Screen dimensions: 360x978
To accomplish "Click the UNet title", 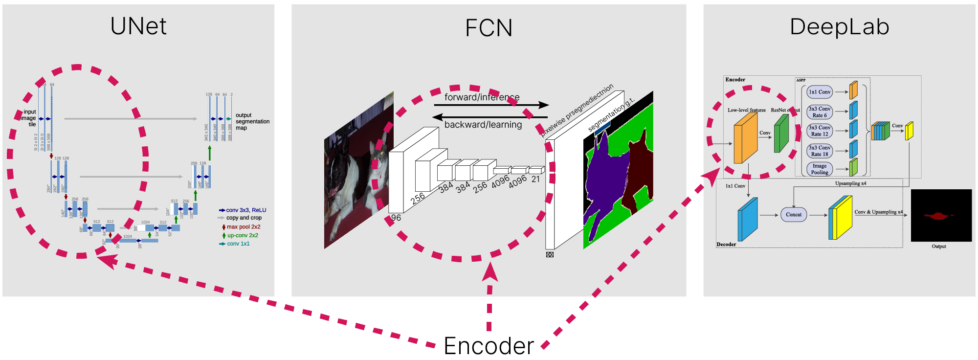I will tap(138, 26).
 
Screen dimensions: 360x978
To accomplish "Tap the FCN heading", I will tap(489, 28).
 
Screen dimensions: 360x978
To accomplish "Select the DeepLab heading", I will tap(839, 27).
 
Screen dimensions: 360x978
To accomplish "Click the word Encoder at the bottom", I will tap(489, 346).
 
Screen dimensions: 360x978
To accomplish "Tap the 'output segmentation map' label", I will tap(252, 122).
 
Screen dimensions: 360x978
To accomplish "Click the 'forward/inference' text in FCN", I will tap(482, 97).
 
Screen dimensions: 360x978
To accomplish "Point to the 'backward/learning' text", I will tap(483, 125).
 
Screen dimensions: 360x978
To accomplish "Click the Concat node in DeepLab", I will tap(793, 215).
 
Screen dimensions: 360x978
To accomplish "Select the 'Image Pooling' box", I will tap(820, 169).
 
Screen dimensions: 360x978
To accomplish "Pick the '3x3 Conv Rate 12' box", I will tap(820, 131).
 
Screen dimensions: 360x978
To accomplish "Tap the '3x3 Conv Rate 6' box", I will tap(820, 112).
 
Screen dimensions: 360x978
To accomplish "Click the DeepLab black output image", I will tap(941, 215).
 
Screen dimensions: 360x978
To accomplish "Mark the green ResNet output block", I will tap(781, 134).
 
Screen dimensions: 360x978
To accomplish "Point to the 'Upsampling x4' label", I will tap(850, 183).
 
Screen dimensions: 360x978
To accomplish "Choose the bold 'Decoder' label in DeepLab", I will tap(726, 244).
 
